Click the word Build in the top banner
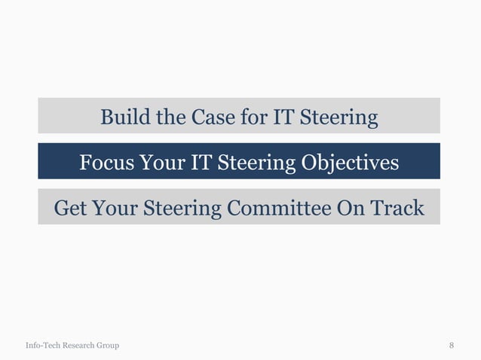[122, 117]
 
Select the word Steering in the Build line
[339, 117]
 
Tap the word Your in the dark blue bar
[161, 163]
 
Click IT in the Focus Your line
[201, 163]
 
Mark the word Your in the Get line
[111, 208]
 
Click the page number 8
[452, 346]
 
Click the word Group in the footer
[108, 346]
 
